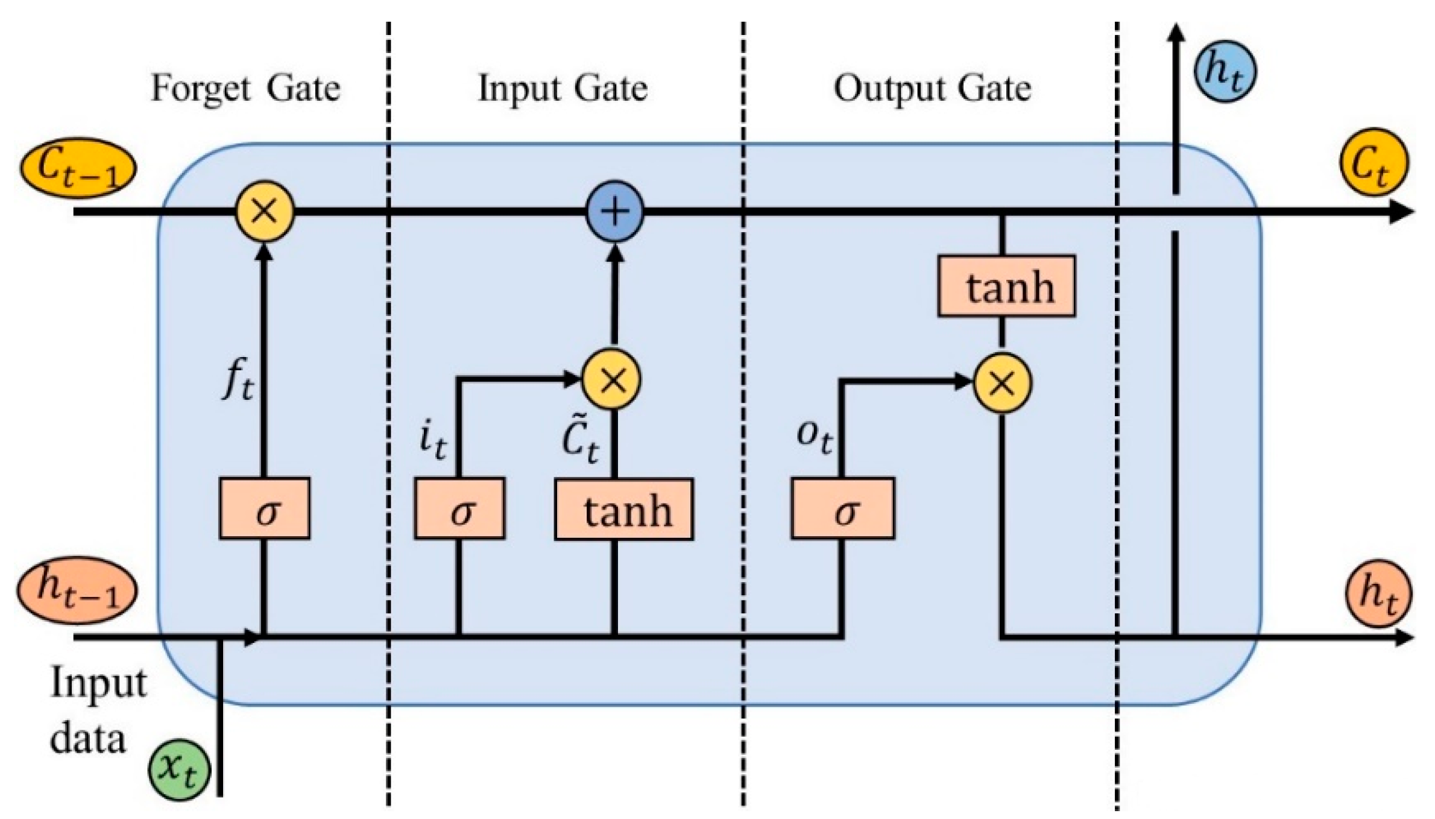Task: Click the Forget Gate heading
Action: tap(245, 89)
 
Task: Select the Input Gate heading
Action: tap(562, 89)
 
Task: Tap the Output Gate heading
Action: tap(932, 89)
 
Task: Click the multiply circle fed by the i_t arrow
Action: tap(611, 381)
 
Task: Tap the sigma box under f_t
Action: tap(264, 508)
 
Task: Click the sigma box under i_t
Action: tap(459, 508)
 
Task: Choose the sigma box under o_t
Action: tap(843, 508)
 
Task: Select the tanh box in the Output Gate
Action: tap(1006, 286)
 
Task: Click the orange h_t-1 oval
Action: tap(77, 590)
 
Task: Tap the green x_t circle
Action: tap(180, 771)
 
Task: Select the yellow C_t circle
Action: tap(1373, 162)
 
